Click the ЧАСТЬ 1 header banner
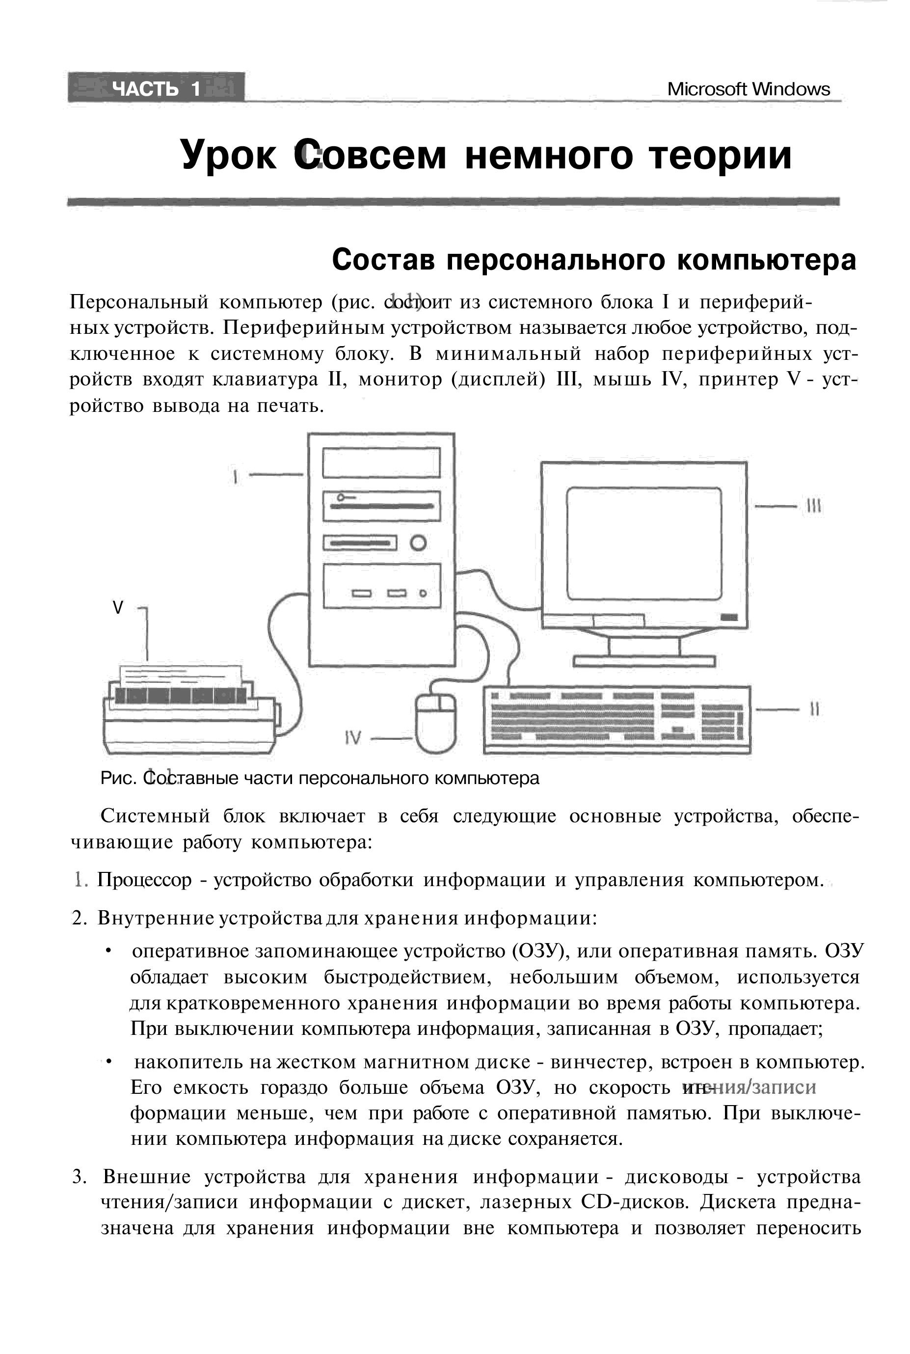click(156, 88)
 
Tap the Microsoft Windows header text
click(748, 89)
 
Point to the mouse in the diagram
click(436, 723)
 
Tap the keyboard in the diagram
click(616, 720)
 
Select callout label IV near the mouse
click(352, 738)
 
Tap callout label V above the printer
click(118, 608)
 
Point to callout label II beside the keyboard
click(814, 708)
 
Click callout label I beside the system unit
click(235, 477)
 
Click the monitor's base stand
click(644, 661)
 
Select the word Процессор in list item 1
click(144, 880)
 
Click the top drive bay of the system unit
click(381, 462)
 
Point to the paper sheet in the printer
click(180, 677)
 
